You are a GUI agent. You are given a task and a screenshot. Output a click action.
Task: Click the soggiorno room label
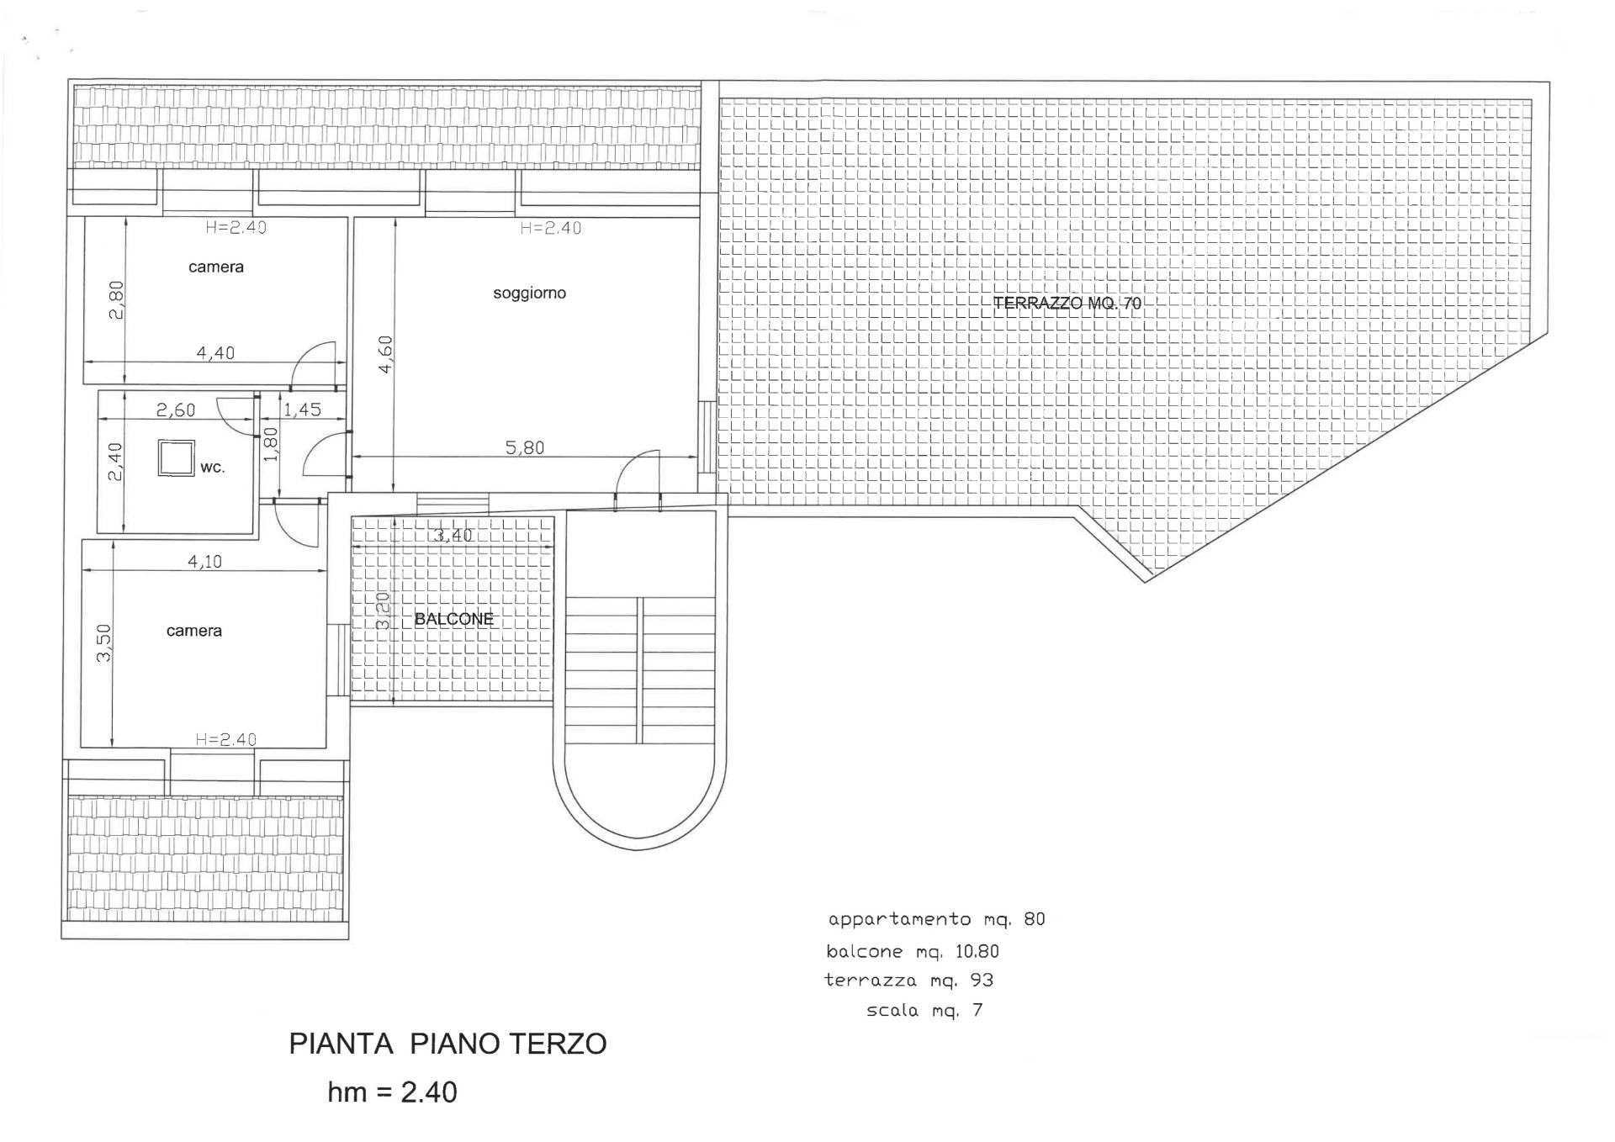click(529, 293)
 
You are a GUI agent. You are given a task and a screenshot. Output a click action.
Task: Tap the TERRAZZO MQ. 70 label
click(1067, 304)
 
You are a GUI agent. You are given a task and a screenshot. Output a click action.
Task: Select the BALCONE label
click(453, 620)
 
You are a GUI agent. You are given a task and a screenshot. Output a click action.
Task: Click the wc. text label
click(212, 467)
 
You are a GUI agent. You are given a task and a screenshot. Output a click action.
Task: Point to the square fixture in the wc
click(176, 458)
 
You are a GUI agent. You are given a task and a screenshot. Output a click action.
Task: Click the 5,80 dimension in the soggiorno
click(525, 447)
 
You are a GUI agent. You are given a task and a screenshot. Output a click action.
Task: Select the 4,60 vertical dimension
click(385, 354)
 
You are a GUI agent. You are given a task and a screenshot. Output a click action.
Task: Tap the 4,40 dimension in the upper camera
click(215, 352)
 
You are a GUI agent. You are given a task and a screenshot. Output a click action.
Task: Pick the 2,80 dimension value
click(116, 299)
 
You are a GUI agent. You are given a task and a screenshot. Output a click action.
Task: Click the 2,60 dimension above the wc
click(176, 410)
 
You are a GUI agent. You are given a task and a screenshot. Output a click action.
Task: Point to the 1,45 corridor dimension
click(302, 410)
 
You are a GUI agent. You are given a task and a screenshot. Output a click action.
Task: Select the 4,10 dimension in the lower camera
click(204, 561)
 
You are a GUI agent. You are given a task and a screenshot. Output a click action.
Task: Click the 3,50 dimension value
click(103, 642)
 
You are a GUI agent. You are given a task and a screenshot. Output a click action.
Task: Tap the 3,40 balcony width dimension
click(453, 535)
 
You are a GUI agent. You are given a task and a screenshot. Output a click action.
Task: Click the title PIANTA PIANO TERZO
click(447, 1044)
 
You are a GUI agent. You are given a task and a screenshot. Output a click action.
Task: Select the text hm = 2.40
click(392, 1092)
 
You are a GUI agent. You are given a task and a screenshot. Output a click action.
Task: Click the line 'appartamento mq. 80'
click(936, 919)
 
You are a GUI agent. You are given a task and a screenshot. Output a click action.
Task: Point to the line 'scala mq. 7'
click(924, 1010)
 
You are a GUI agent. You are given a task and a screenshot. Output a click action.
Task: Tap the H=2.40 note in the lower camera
click(225, 739)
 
